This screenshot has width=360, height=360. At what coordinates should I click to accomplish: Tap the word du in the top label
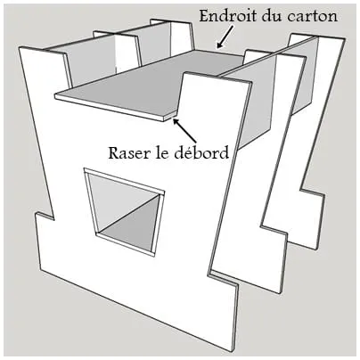pyautogui.click(x=273, y=16)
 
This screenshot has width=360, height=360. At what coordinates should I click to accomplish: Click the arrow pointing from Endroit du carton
pyautogui.click(x=225, y=37)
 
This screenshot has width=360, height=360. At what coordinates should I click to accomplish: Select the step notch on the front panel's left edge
pyautogui.click(x=44, y=217)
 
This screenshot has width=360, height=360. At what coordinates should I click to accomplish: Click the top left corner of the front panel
pyautogui.click(x=20, y=47)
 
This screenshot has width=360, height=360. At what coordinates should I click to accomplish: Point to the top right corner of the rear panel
pyautogui.click(x=345, y=37)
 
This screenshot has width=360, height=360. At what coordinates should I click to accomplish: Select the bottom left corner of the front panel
pyautogui.click(x=41, y=270)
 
